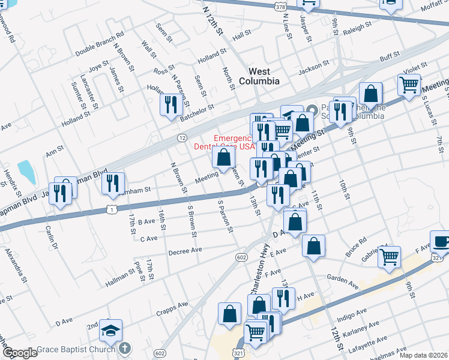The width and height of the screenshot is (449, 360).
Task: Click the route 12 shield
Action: (181, 138)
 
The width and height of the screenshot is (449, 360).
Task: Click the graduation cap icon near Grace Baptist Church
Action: (110, 330)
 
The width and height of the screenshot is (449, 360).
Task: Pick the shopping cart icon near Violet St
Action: (409, 85)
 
